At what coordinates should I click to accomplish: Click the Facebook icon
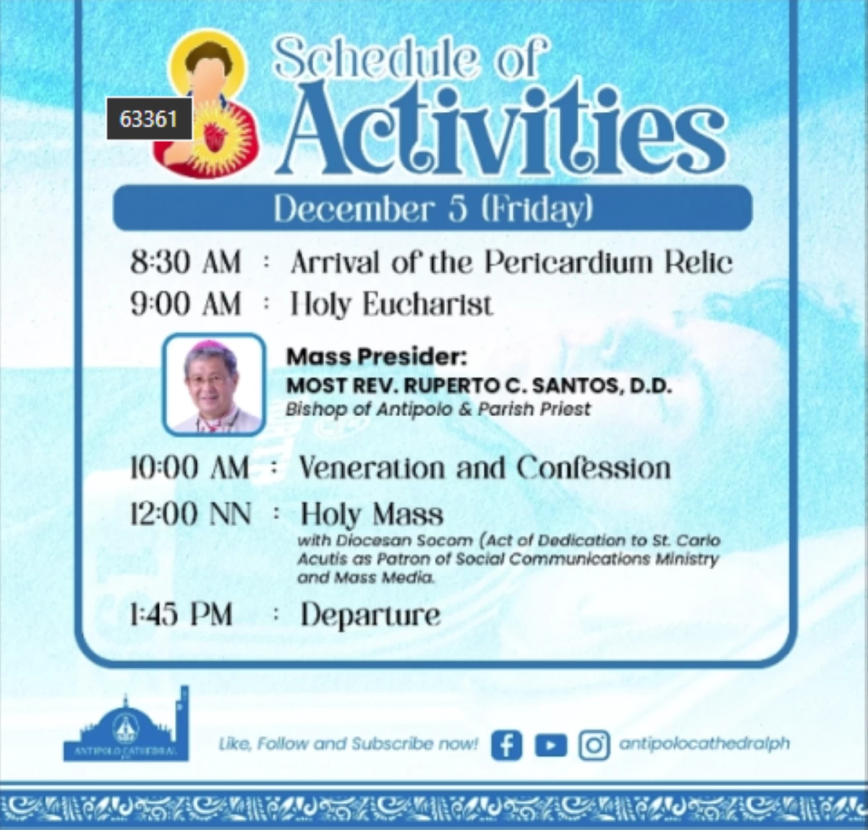506,745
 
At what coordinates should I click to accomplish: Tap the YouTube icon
551,745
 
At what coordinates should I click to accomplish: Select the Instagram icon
594,745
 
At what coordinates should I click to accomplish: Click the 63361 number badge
149,119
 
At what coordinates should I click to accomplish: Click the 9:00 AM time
186,303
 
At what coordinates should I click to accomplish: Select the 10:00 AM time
190,468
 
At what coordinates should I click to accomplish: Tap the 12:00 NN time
191,514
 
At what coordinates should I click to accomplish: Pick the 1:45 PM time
181,614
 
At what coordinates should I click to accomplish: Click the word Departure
370,616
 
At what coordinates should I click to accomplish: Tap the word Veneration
372,468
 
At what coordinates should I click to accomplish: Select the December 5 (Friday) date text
433,209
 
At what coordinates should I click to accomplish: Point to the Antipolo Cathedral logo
127,724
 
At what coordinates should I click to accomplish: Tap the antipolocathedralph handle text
705,744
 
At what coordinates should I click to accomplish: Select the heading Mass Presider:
376,357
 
